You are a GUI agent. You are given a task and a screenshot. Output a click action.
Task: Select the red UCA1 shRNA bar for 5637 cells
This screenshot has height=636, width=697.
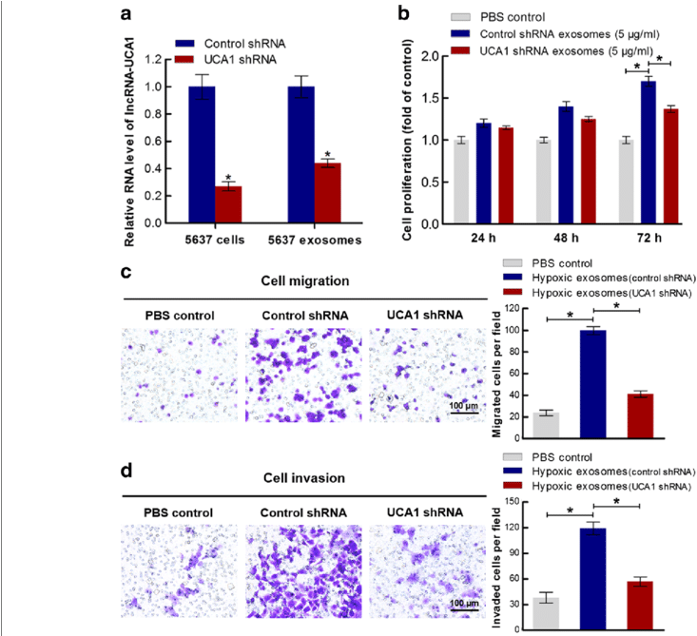pyautogui.click(x=228, y=204)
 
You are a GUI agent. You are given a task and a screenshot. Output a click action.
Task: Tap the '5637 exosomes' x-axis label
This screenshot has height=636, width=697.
pyautogui.click(x=315, y=240)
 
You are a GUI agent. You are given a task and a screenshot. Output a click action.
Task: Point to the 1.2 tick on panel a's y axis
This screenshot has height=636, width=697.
pyautogui.click(x=165, y=60)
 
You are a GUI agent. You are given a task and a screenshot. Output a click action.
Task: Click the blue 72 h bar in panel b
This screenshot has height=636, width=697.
pyautogui.click(x=649, y=152)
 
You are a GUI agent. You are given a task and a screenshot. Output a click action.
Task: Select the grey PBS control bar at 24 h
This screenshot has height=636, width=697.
pyautogui.click(x=461, y=182)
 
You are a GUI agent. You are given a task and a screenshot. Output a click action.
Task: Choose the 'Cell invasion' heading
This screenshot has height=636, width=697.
pyautogui.click(x=303, y=478)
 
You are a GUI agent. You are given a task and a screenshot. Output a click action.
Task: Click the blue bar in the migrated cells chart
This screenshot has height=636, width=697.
pyautogui.click(x=594, y=384)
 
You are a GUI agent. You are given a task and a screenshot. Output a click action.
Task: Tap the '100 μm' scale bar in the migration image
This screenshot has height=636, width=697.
pyautogui.click(x=464, y=407)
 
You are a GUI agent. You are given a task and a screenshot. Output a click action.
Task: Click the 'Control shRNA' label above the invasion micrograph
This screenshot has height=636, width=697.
pyautogui.click(x=301, y=513)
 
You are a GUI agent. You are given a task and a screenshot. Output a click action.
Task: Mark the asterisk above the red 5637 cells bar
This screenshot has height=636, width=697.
pyautogui.click(x=228, y=177)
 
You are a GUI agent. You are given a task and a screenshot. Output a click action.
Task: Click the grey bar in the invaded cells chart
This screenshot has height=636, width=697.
pyautogui.click(x=545, y=614)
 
